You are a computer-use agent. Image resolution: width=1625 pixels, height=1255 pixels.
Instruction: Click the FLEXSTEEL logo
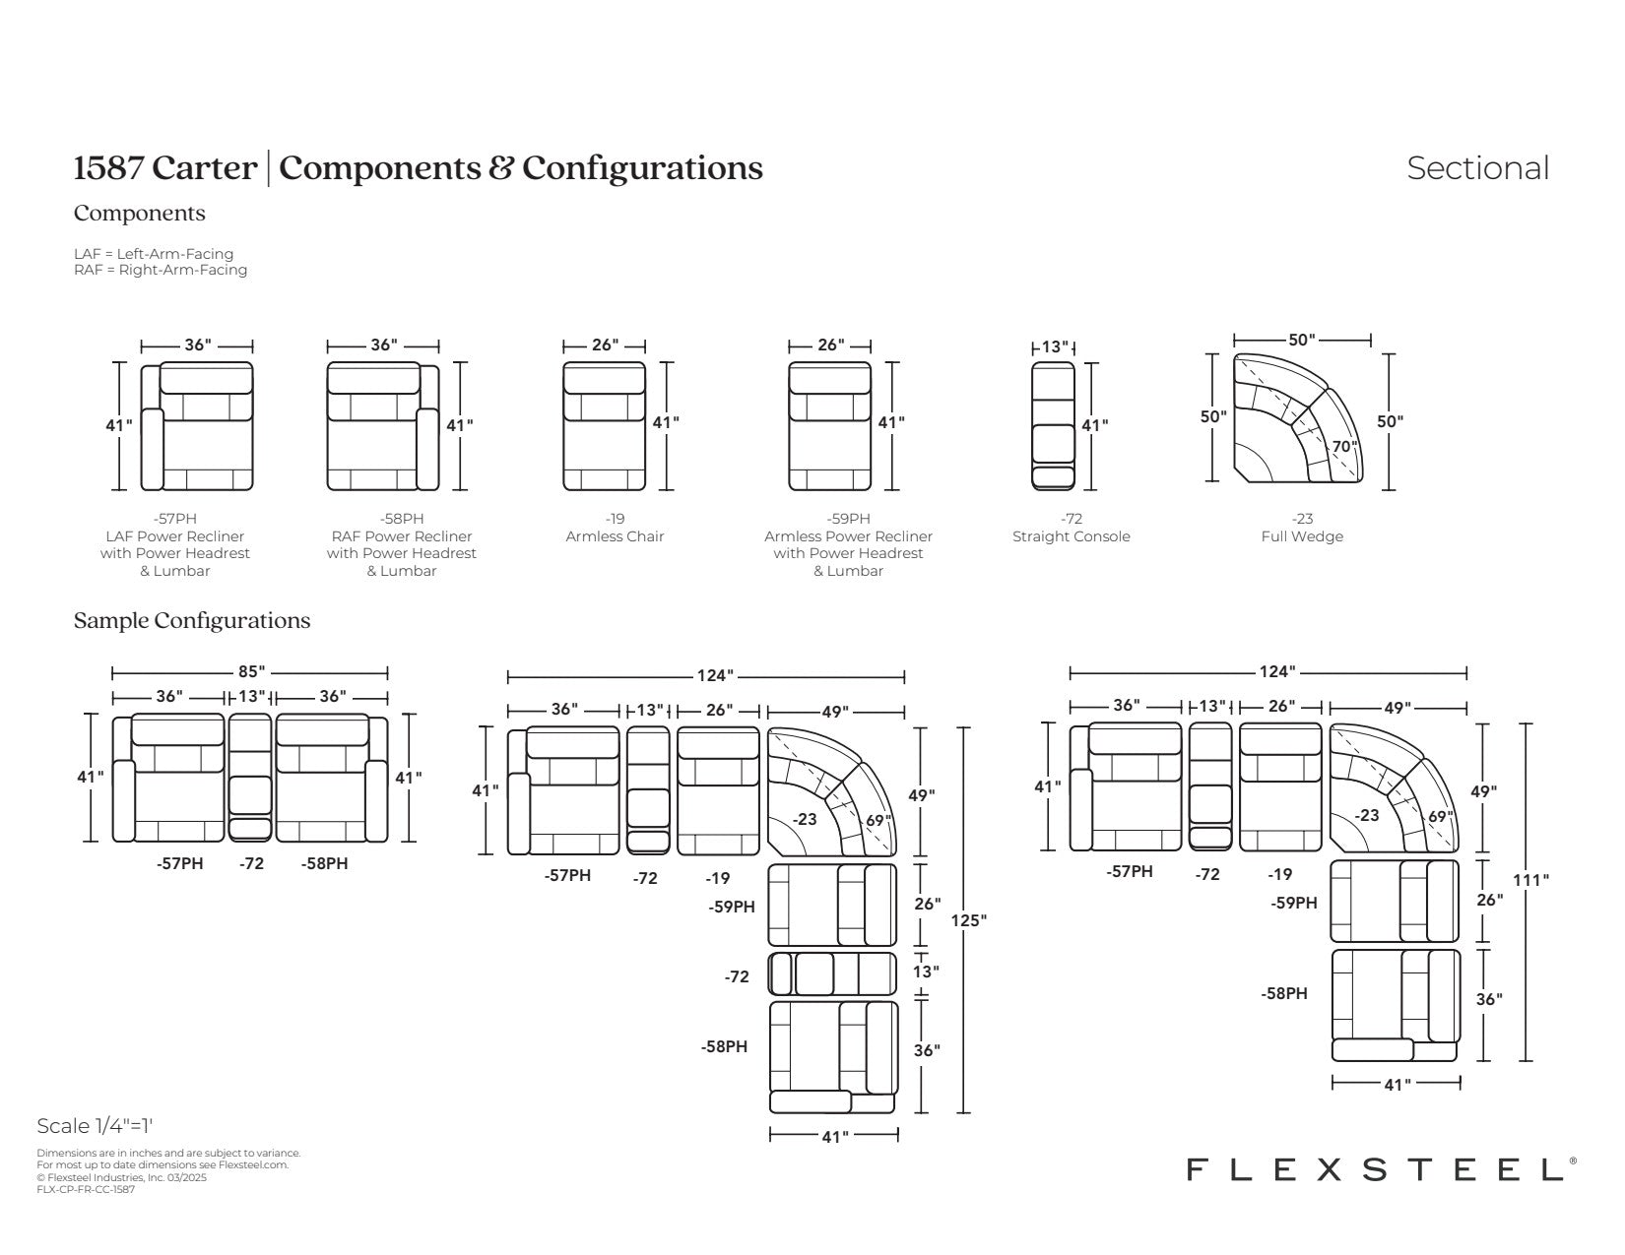[1374, 1169]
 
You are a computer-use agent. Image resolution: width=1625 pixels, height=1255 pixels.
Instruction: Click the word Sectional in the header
[1477, 168]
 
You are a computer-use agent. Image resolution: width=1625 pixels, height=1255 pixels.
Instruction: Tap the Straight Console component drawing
[1053, 426]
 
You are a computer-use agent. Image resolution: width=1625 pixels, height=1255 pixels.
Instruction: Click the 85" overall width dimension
[251, 671]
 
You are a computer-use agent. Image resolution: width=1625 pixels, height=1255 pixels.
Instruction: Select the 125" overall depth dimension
[968, 920]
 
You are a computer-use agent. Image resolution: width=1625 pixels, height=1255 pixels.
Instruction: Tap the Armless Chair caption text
[615, 536]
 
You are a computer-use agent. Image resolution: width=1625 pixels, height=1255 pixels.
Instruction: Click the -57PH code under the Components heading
[174, 519]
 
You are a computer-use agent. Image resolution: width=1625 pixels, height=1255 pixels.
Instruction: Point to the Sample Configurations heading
[192, 621]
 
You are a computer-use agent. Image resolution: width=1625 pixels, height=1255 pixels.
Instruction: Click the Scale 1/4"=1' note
[95, 1126]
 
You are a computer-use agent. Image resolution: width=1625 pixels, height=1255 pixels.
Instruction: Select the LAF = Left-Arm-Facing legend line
[154, 254]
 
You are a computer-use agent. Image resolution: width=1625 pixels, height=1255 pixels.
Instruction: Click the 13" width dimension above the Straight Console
[1054, 346]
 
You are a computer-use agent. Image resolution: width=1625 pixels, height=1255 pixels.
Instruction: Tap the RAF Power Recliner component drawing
[383, 426]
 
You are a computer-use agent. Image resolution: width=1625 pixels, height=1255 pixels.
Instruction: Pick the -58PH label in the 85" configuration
[324, 863]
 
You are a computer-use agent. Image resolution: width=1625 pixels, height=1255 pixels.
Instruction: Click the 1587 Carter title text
[164, 168]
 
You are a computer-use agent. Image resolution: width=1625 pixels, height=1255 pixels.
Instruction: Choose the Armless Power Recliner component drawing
[830, 426]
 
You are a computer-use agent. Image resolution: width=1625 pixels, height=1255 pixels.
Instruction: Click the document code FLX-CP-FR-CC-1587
[86, 1189]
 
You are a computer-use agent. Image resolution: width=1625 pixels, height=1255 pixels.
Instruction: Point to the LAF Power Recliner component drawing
[197, 426]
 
